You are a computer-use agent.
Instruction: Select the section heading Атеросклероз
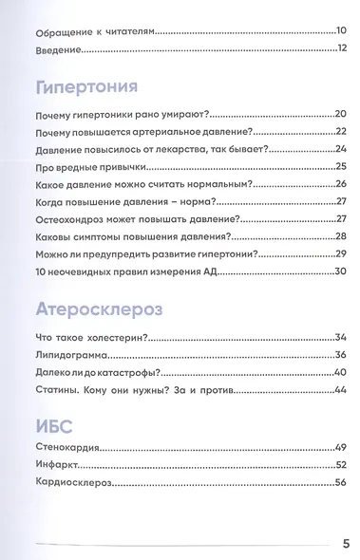[97, 310]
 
